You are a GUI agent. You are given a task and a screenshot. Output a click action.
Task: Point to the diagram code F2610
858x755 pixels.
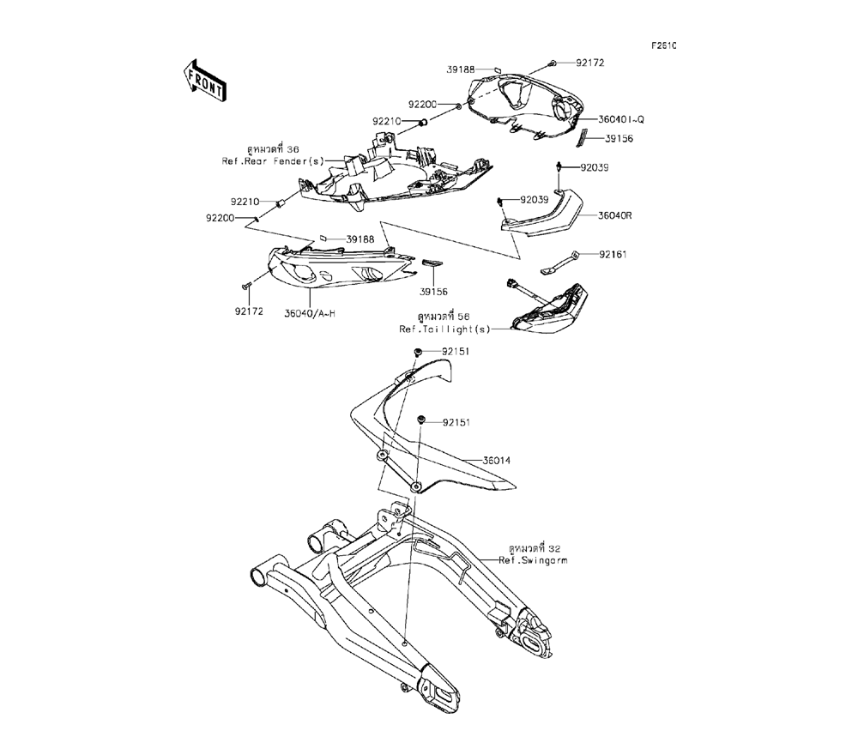(663, 45)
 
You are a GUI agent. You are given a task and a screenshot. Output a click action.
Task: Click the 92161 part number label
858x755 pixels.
(613, 255)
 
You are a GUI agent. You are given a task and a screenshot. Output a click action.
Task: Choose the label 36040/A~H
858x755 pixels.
(310, 313)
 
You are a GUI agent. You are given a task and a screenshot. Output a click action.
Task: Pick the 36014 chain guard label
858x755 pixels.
(496, 461)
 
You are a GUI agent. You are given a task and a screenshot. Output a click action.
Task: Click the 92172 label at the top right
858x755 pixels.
(589, 63)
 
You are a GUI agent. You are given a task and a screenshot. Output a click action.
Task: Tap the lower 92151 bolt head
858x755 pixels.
(422, 420)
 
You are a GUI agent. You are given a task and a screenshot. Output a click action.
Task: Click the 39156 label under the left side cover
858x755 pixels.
(433, 292)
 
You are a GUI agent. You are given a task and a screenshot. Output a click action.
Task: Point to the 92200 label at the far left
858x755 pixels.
(220, 218)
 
